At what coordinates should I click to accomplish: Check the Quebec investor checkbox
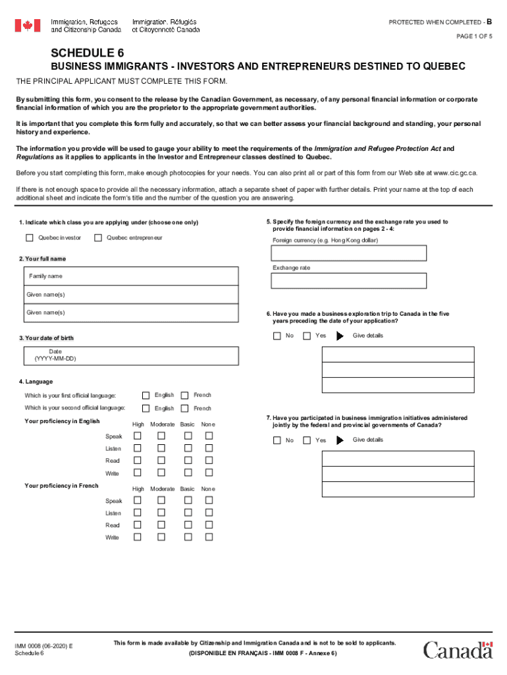[x=30, y=238]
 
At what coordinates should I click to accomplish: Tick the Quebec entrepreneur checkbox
[x=98, y=238]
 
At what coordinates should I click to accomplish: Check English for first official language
[x=146, y=395]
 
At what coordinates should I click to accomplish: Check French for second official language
[x=185, y=408]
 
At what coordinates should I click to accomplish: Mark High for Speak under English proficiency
[x=138, y=436]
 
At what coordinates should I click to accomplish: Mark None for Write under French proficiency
[x=209, y=537]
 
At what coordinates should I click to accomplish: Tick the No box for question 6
[x=277, y=336]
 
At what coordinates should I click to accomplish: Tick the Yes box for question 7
[x=307, y=440]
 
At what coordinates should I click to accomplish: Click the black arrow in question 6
[x=340, y=336]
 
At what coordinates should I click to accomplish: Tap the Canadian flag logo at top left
[x=28, y=26]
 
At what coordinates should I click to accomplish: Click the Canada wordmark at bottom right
[x=458, y=650]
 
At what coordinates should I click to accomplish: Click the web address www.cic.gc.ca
[x=453, y=173]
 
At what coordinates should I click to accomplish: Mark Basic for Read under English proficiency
[x=188, y=461]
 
